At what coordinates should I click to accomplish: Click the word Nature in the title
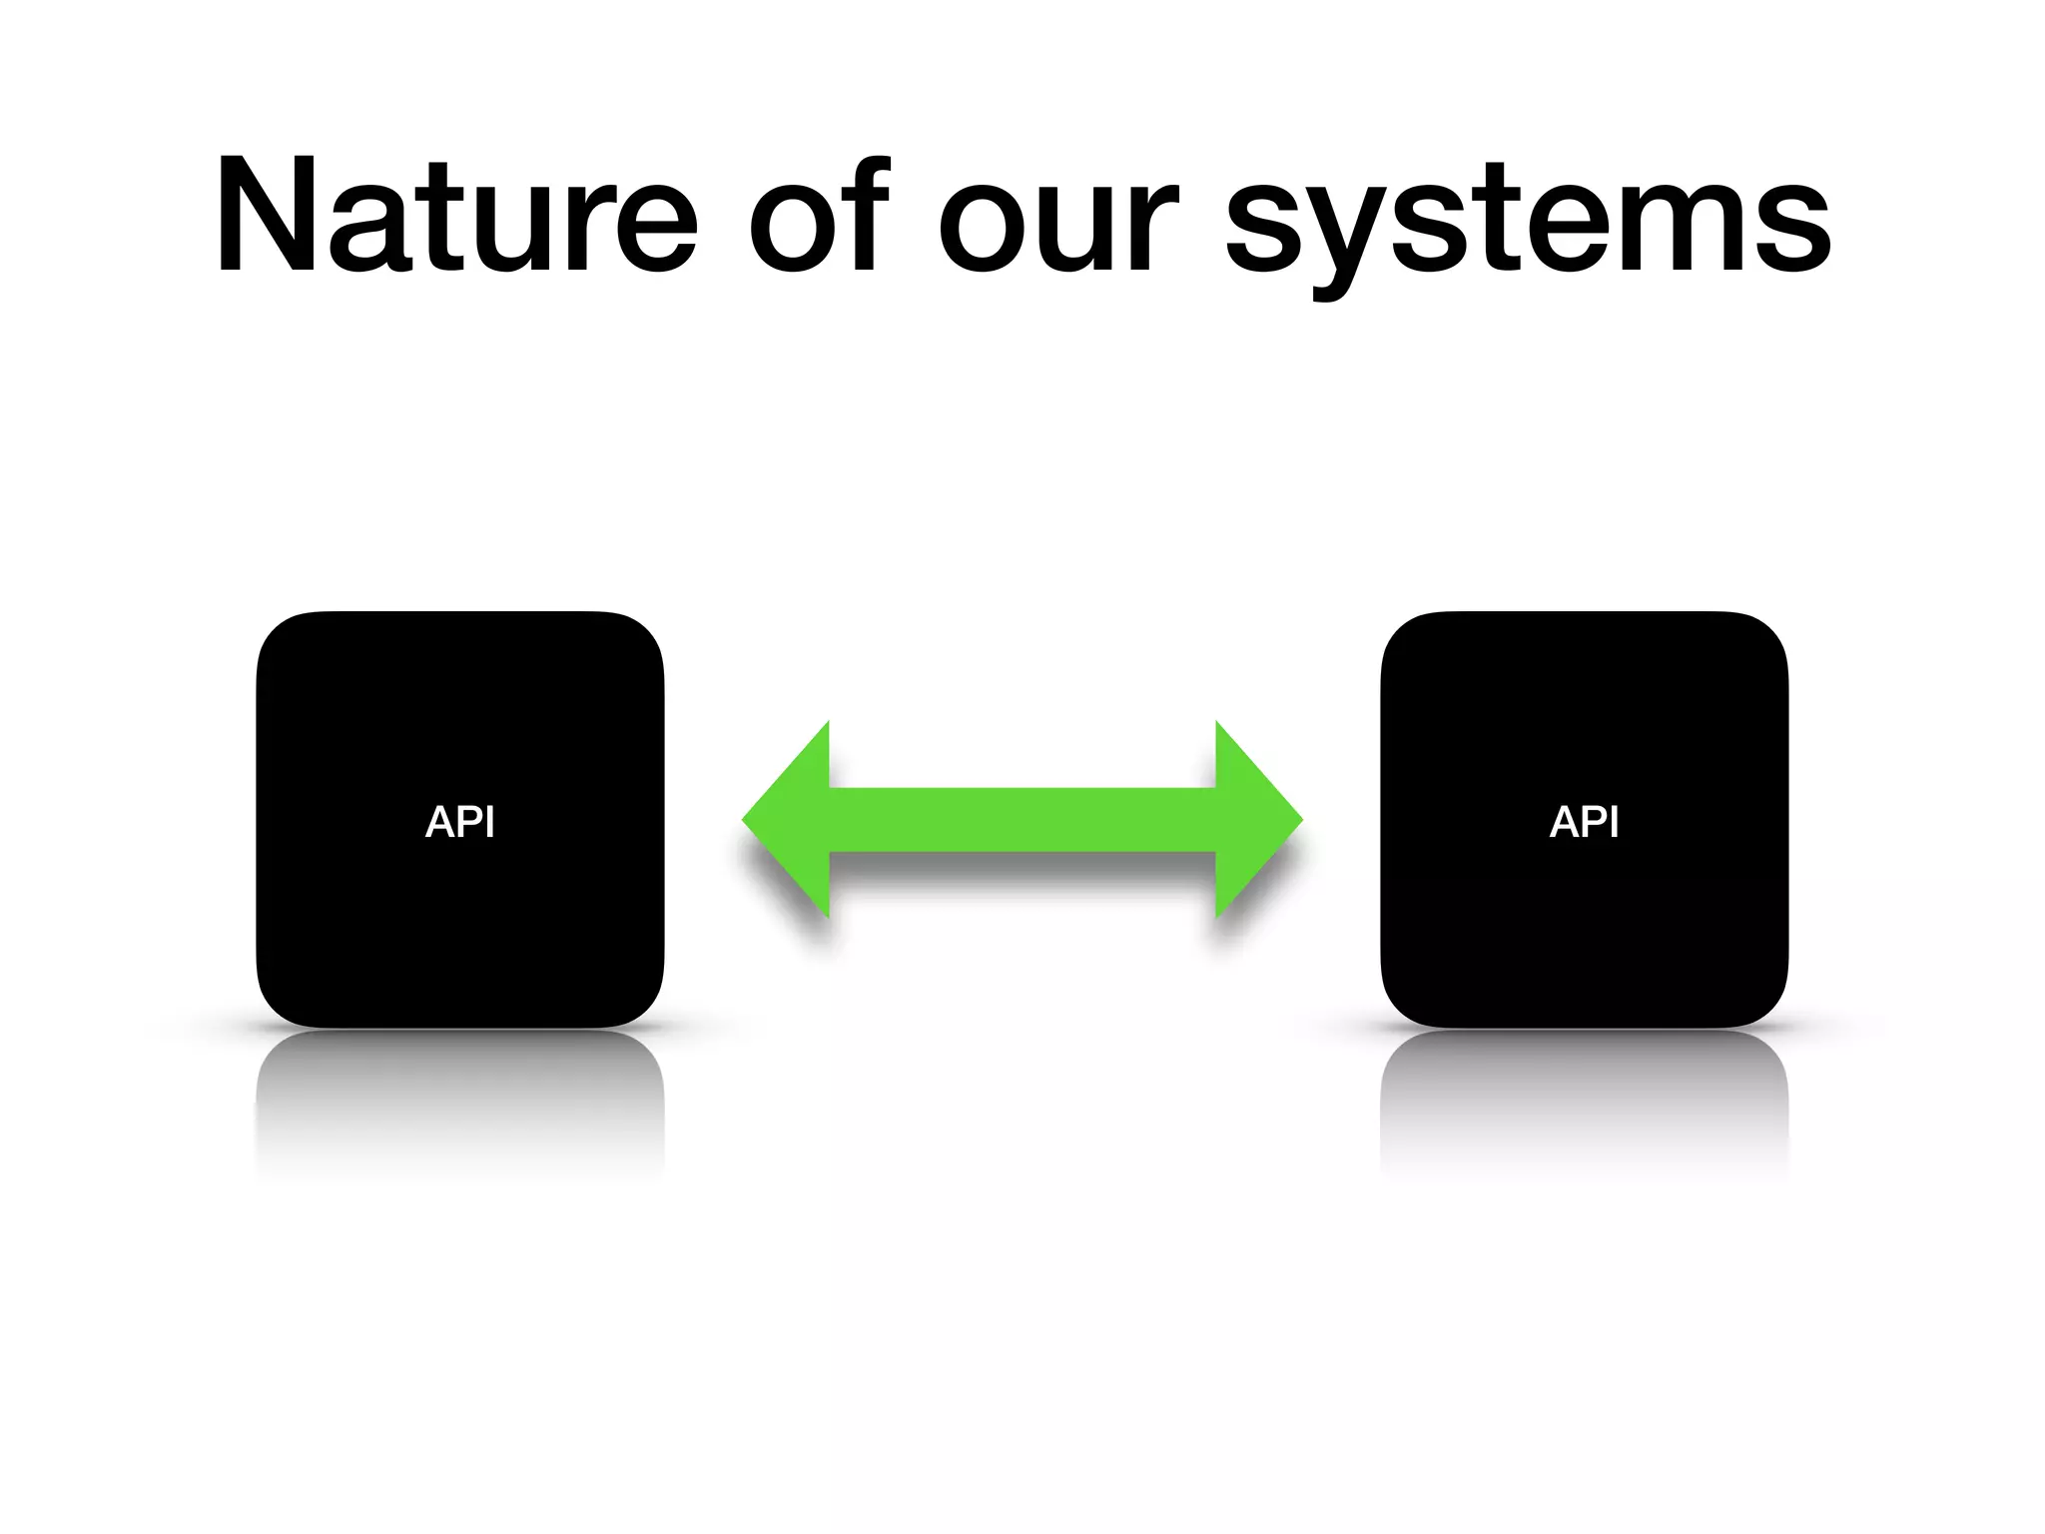coord(455,215)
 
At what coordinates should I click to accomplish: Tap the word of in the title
coord(819,215)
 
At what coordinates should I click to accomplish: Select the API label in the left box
coord(460,822)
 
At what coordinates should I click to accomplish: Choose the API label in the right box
coord(1585,822)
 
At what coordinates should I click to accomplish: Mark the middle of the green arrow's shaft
coord(1022,820)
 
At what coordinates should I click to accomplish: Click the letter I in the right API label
coord(1614,822)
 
